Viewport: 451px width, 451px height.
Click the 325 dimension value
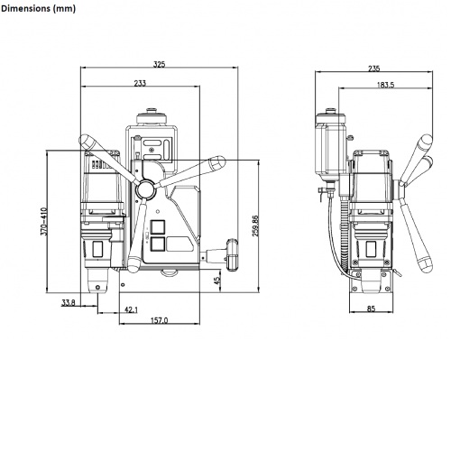tap(159, 64)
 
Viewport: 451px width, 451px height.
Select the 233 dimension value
tap(141, 83)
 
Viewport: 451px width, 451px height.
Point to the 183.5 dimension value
tap(384, 85)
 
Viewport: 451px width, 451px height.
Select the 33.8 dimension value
tap(69, 302)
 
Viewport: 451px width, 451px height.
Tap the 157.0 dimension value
tap(159, 321)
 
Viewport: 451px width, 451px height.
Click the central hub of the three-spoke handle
tap(144, 187)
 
